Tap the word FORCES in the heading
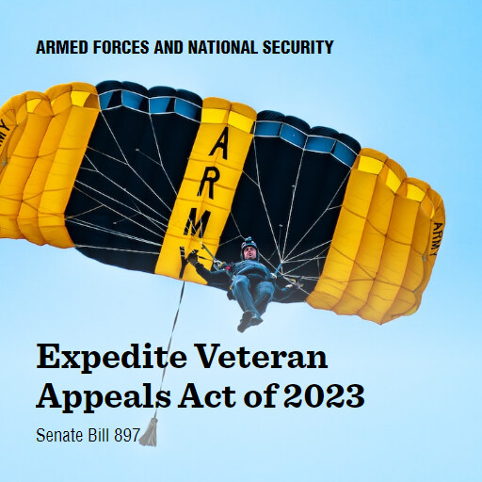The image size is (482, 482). [119, 47]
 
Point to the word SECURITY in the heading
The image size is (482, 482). [297, 47]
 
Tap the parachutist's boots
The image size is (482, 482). [249, 321]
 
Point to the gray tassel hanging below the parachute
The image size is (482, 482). [149, 433]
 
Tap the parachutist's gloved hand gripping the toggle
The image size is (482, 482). [193, 255]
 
